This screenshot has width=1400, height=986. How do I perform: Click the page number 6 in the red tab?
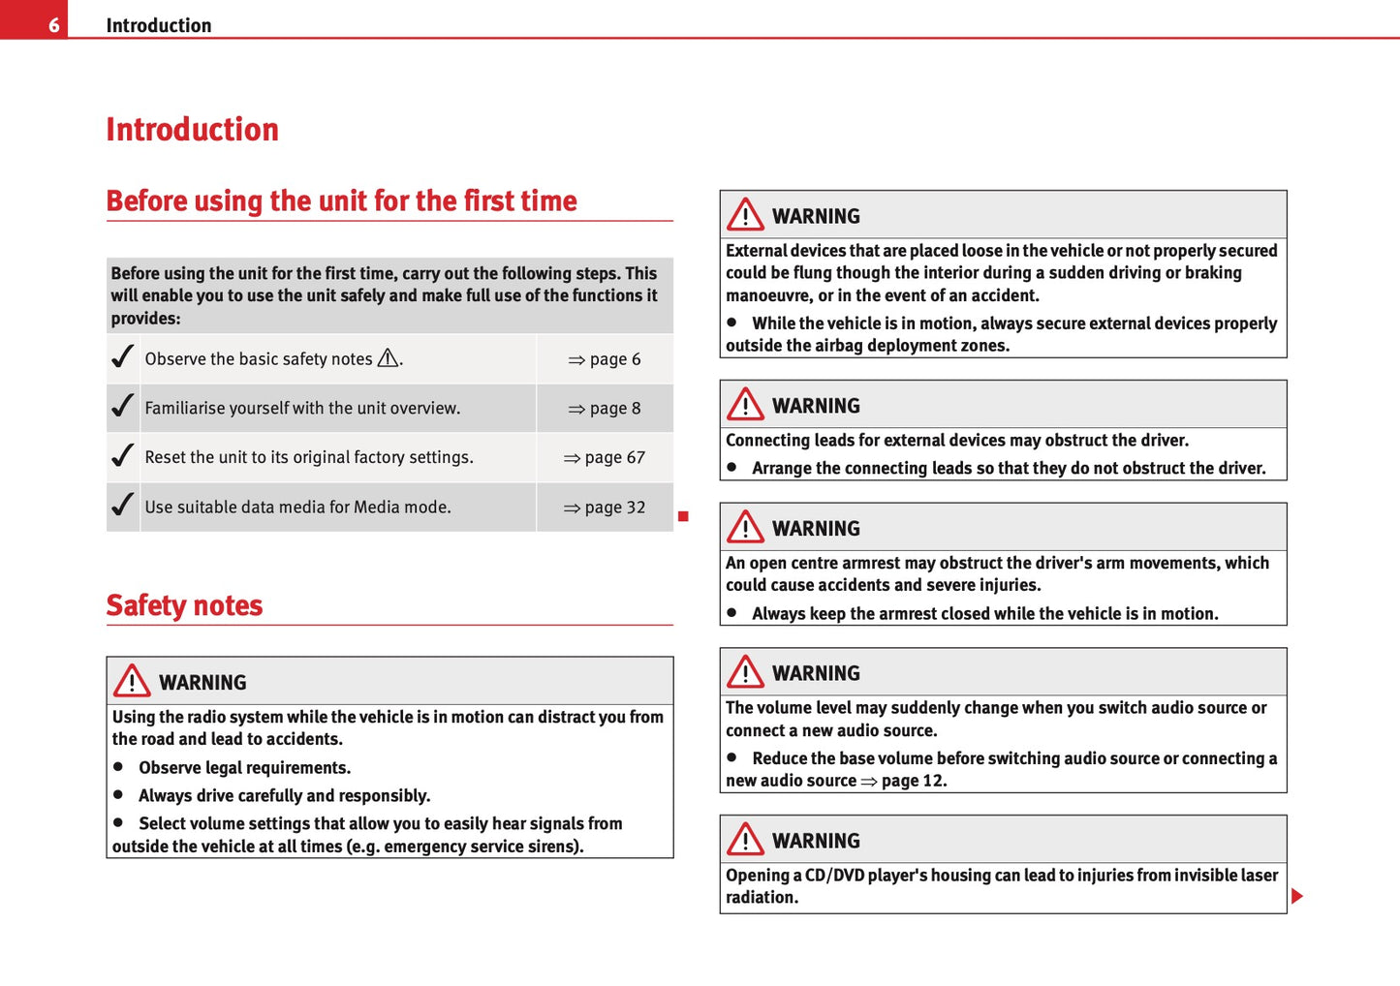54,25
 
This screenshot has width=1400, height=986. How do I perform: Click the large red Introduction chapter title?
192,130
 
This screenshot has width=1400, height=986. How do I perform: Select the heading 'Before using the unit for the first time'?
341,200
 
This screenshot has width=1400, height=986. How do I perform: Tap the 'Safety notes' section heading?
184,605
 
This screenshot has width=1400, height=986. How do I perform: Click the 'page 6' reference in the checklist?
605,359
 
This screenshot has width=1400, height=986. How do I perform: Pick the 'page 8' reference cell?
605,409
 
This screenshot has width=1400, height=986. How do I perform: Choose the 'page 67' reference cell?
605,458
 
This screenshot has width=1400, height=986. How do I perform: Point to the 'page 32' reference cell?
605,508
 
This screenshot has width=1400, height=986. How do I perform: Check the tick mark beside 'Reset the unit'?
122,455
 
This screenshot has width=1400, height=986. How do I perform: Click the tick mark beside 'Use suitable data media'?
122,505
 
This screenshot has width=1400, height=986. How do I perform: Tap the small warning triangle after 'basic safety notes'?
388,358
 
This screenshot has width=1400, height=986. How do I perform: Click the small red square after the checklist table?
683,517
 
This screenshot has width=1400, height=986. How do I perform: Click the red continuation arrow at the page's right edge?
1297,896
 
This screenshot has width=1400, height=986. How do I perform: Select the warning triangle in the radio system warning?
131,681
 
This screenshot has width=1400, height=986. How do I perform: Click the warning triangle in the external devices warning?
745,214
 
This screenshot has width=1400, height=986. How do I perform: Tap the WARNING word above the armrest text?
816,529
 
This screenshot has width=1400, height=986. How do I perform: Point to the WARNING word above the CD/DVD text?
816,842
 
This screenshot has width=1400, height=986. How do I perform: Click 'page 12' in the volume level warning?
913,781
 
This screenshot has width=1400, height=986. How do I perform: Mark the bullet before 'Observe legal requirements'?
118,766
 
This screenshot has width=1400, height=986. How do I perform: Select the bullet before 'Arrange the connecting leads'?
731,467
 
